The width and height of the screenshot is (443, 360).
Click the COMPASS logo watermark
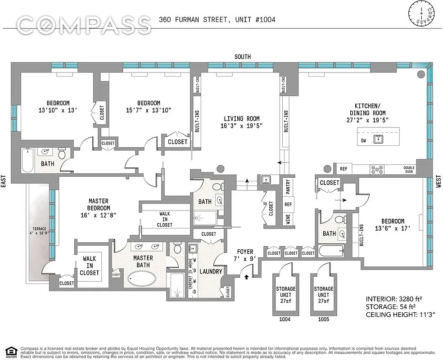pos(84,24)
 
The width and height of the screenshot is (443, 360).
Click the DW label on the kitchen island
pos(364,140)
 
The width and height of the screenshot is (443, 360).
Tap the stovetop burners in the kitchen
pos(377,169)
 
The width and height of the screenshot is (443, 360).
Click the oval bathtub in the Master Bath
pos(141,278)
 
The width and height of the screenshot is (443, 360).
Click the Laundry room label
pos(211,272)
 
